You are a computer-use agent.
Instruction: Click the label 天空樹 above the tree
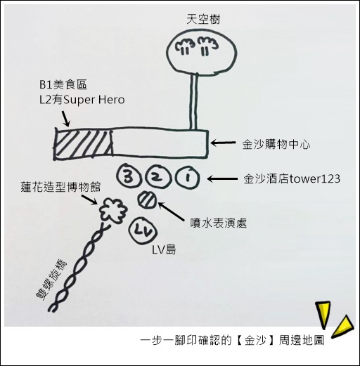(203, 19)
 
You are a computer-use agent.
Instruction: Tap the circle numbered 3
(129, 177)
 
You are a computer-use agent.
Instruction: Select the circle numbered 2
(157, 177)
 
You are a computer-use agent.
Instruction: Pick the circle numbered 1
(187, 177)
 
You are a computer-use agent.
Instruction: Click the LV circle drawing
(143, 230)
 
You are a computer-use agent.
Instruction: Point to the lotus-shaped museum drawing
(114, 211)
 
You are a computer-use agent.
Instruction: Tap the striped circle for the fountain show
(147, 199)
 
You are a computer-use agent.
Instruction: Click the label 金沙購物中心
(276, 144)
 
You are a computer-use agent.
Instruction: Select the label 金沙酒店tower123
(292, 179)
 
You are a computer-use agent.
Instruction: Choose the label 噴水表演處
(219, 223)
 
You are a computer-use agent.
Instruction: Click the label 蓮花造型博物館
(60, 187)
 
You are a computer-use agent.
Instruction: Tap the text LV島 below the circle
(164, 250)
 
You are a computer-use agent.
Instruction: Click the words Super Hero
(94, 100)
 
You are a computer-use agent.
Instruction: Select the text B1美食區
(63, 84)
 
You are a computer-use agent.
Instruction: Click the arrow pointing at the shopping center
(223, 143)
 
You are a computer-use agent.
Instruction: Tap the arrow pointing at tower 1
(222, 179)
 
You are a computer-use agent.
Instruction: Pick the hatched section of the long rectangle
(84, 143)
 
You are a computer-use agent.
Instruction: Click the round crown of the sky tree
(202, 52)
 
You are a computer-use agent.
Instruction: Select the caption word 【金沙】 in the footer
(256, 340)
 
